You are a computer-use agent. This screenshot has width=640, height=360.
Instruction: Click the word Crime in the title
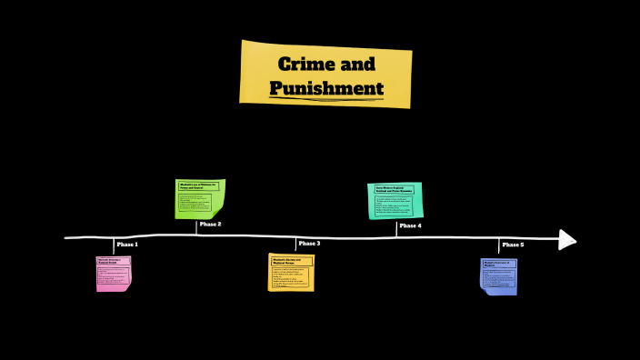[301, 64]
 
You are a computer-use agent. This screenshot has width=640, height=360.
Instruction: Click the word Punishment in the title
[326, 88]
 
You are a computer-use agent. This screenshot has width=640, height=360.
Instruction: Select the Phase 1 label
[127, 245]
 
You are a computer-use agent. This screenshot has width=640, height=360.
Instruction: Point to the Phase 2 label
[210, 224]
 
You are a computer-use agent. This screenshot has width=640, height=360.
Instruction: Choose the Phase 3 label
[309, 244]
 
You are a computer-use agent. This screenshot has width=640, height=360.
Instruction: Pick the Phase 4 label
[410, 225]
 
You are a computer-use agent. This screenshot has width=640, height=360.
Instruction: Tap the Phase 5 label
[513, 245]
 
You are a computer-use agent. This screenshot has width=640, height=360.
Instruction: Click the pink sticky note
[114, 274]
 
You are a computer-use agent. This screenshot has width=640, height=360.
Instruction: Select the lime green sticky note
[199, 199]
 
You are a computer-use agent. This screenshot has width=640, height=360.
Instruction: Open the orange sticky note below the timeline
[291, 273]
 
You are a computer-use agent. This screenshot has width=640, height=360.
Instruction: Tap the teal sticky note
[395, 200]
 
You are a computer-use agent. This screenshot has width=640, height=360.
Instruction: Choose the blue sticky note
[498, 276]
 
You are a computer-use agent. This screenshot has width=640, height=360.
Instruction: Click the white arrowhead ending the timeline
[567, 239]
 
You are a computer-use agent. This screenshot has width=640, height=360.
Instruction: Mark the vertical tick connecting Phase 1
[115, 246]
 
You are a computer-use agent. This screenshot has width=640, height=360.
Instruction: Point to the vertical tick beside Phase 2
[196, 227]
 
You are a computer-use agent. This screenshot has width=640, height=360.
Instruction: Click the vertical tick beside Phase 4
[396, 228]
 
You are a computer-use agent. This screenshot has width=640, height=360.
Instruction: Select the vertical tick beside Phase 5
[499, 247]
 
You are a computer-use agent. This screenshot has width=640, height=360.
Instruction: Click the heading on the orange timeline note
[291, 261]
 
